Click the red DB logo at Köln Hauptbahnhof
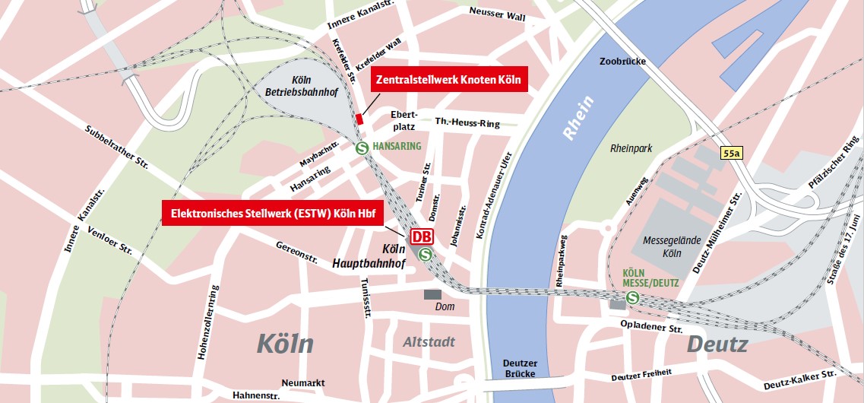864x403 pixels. pyautogui.click(x=422, y=236)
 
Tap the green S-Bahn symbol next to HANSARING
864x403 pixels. pyautogui.click(x=362, y=148)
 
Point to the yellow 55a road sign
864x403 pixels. pyautogui.click(x=732, y=154)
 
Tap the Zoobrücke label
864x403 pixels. pyautogui.click(x=621, y=62)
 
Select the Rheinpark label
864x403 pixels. pyautogui.click(x=631, y=149)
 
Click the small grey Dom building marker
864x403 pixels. pyautogui.click(x=432, y=294)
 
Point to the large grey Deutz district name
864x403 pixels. pyautogui.click(x=717, y=344)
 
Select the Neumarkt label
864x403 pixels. pyautogui.click(x=303, y=382)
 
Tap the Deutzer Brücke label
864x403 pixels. pyautogui.click(x=521, y=368)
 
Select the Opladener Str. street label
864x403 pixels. pyautogui.click(x=652, y=328)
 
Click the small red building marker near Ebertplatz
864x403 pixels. pyautogui.click(x=360, y=117)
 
